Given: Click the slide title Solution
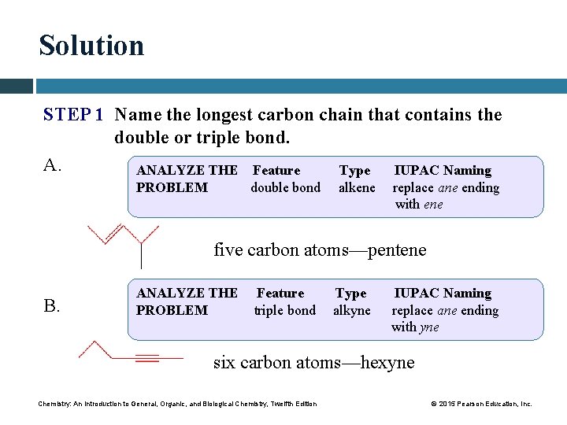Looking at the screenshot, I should (91, 46).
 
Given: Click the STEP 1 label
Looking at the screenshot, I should (73, 115).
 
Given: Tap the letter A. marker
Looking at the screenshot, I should (53, 164).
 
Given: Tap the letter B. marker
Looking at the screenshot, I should (52, 306).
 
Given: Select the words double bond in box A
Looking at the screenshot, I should (285, 187).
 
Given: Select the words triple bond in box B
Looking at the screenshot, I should (284, 310).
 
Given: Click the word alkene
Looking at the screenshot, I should (357, 187).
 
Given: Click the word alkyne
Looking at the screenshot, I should (351, 310).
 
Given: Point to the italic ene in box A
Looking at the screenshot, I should (433, 205).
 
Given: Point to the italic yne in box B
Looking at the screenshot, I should (430, 327).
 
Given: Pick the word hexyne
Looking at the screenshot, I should (387, 362).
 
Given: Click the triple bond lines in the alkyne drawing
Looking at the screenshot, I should (147, 358).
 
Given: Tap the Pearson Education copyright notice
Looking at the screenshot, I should (481, 404).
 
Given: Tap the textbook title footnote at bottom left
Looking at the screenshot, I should (177, 404).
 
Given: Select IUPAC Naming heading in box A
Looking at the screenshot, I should (442, 170).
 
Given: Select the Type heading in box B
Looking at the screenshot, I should (350, 293).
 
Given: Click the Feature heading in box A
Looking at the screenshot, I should (276, 170).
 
